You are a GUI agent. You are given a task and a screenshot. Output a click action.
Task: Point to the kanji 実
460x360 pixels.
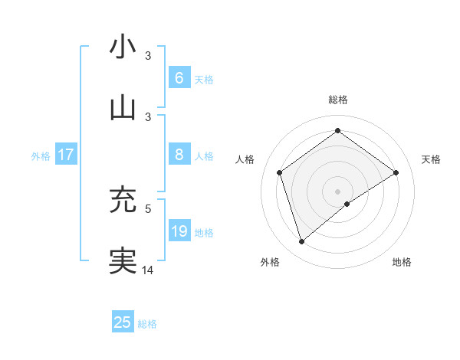point(123,260)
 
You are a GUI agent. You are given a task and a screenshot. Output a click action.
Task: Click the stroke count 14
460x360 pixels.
point(148,270)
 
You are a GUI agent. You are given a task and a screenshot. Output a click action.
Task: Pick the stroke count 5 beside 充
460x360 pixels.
point(148,208)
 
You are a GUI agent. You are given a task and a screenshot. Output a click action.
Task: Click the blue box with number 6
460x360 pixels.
point(179,78)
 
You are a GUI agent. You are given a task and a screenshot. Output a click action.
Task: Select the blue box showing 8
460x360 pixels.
point(179,155)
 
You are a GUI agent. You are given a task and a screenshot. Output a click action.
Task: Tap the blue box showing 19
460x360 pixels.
point(179,231)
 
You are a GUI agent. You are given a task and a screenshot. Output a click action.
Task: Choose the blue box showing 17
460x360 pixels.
point(66,155)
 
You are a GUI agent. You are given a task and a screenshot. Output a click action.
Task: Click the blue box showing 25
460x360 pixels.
point(123,322)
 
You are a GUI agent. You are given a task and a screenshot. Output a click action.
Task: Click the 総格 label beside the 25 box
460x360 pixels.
point(147,324)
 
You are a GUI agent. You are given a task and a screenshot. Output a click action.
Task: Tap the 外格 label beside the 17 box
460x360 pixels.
point(41,155)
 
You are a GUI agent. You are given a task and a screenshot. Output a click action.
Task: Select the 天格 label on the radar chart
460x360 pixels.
point(432,159)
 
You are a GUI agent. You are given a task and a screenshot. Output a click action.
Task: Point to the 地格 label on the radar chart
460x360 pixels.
point(402,263)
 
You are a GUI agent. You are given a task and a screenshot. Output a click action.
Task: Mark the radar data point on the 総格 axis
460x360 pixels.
point(337,130)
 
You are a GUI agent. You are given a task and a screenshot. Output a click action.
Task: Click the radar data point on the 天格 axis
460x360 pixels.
point(396,172)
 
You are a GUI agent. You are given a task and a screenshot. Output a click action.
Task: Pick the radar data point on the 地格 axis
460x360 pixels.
point(347,204)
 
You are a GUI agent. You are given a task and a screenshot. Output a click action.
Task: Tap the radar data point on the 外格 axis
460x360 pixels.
point(301,242)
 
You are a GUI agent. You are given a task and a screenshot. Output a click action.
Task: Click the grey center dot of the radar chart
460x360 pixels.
point(337,191)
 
